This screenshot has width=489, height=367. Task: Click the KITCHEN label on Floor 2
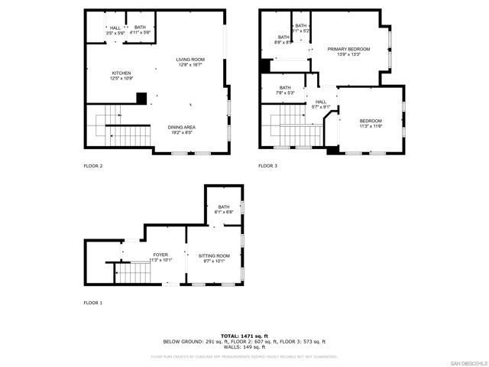tap(121, 73)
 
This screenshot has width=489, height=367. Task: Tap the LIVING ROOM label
tap(190, 60)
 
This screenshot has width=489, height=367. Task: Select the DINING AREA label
tap(181, 128)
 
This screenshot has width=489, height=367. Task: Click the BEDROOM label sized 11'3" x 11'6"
tap(371, 121)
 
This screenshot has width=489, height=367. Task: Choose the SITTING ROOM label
tap(214, 256)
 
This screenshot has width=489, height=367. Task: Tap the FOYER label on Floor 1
tap(160, 255)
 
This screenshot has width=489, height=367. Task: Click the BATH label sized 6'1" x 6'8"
tap(223, 207)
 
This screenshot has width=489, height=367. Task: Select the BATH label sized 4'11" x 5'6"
tap(140, 28)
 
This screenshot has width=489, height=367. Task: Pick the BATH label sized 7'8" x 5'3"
tap(285, 88)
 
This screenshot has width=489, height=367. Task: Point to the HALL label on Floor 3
tap(321, 102)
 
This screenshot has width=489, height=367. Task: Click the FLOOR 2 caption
tap(93, 165)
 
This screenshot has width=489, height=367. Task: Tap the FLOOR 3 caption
tap(267, 165)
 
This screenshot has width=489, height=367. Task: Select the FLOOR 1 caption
tap(93, 303)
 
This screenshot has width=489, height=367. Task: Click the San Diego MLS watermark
tap(467, 362)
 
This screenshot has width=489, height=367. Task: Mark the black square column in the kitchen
tap(141, 97)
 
